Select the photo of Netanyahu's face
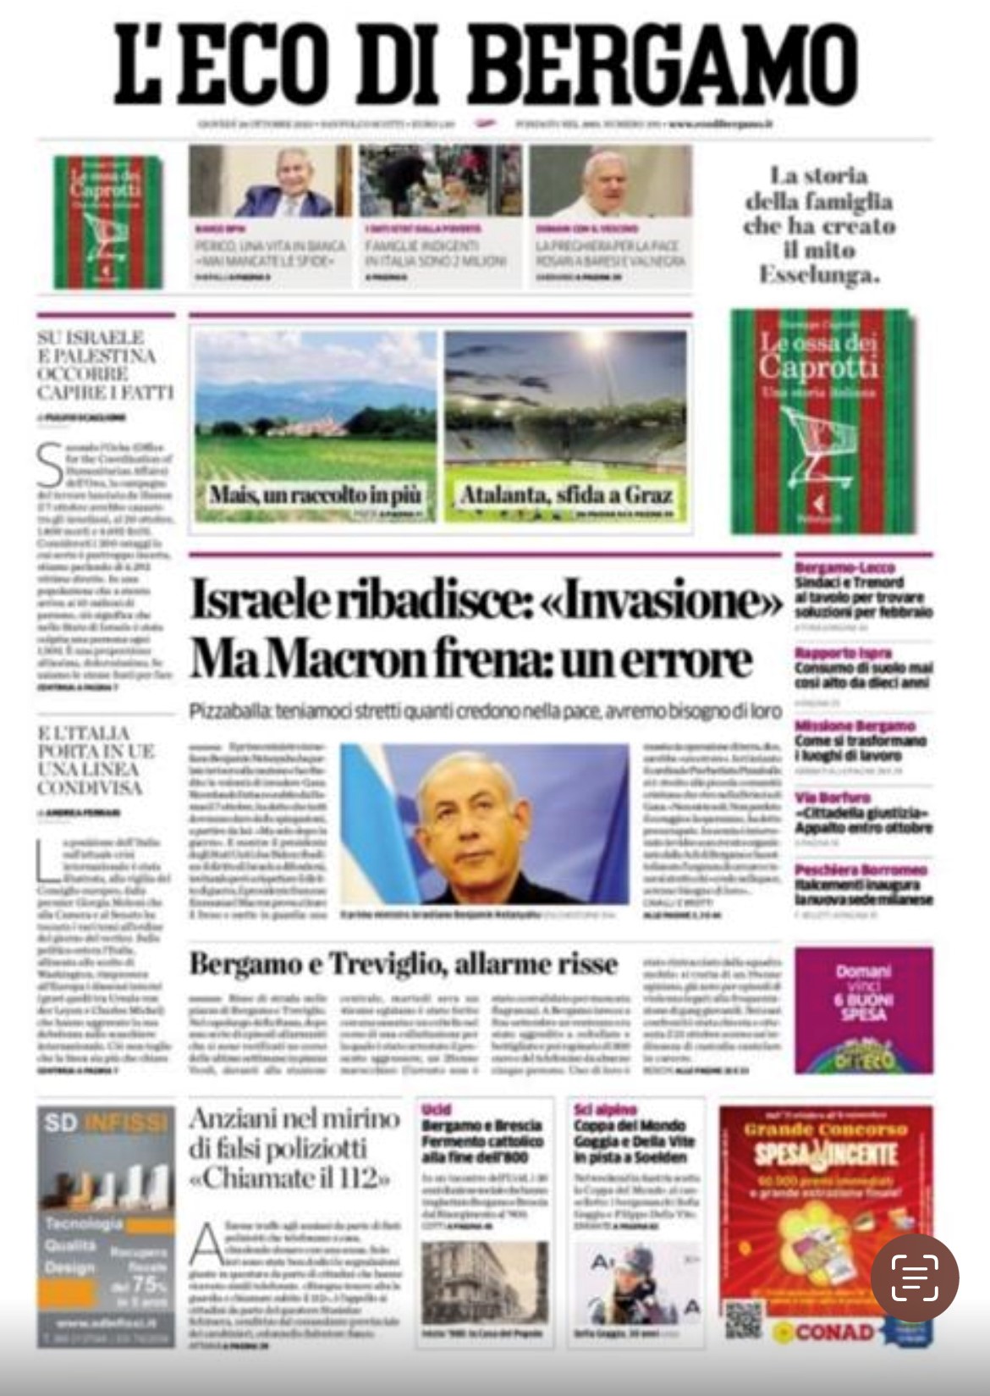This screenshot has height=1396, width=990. [x=474, y=825]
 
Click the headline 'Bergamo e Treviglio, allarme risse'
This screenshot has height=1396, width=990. [x=403, y=963]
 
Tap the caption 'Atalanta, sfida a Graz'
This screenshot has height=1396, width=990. [x=565, y=494]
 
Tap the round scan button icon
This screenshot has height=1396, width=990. [x=915, y=1277]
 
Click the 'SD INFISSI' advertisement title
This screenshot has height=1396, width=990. [x=106, y=1123]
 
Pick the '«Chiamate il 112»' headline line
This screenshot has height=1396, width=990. [x=290, y=1178]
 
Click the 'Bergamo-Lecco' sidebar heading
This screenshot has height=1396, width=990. [x=844, y=568]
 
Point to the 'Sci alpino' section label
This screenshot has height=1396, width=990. [x=605, y=1109]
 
